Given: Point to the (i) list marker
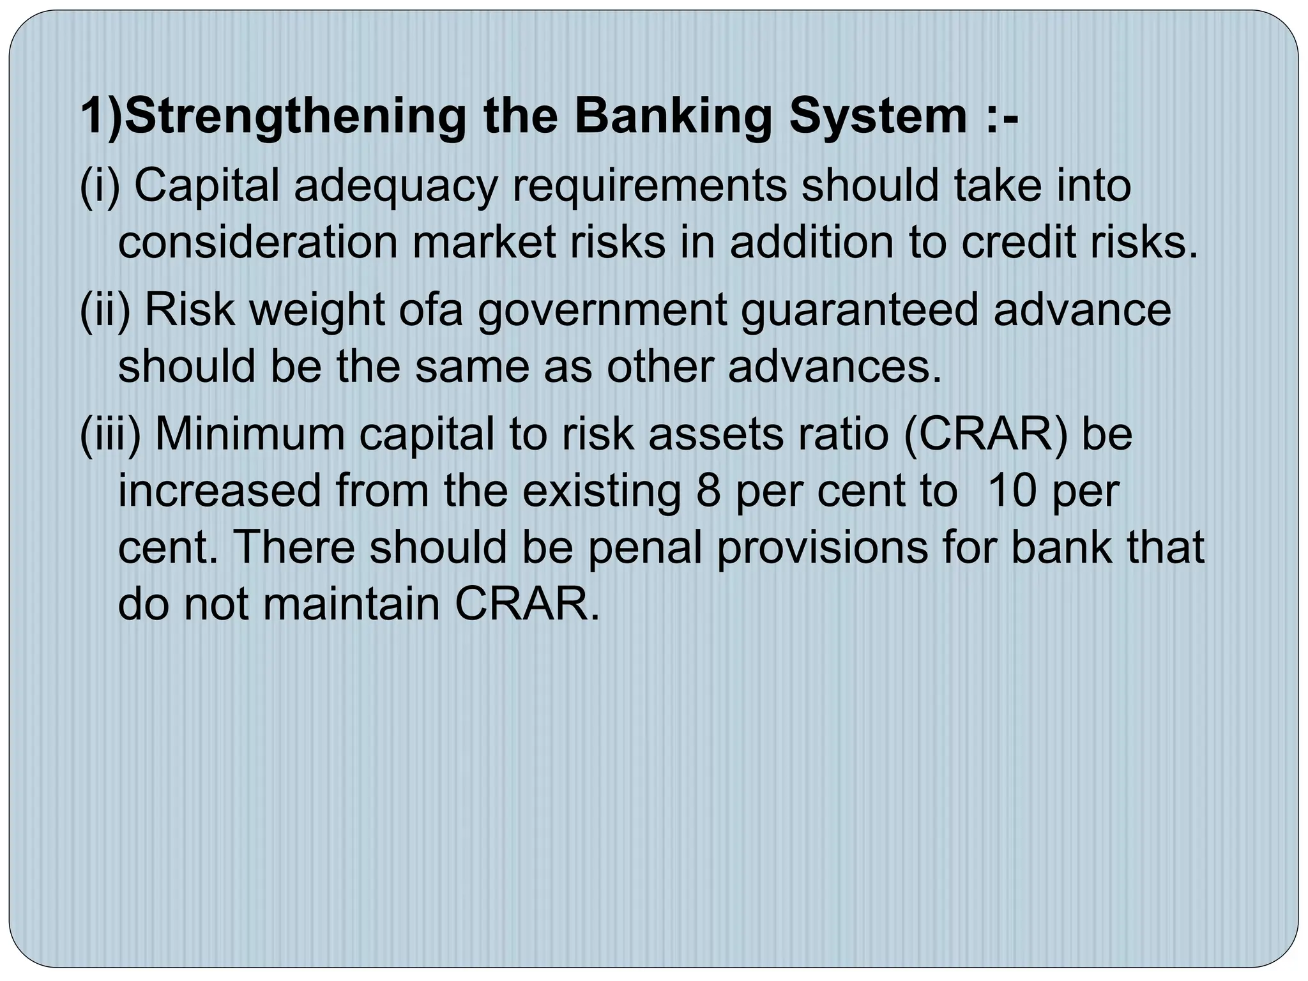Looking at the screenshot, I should pos(100,186).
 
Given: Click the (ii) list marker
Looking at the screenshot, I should pos(105,310).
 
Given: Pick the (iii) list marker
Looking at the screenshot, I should pos(110,434).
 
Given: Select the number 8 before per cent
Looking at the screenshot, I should pos(708,491).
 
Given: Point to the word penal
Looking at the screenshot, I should pos(644,549).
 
